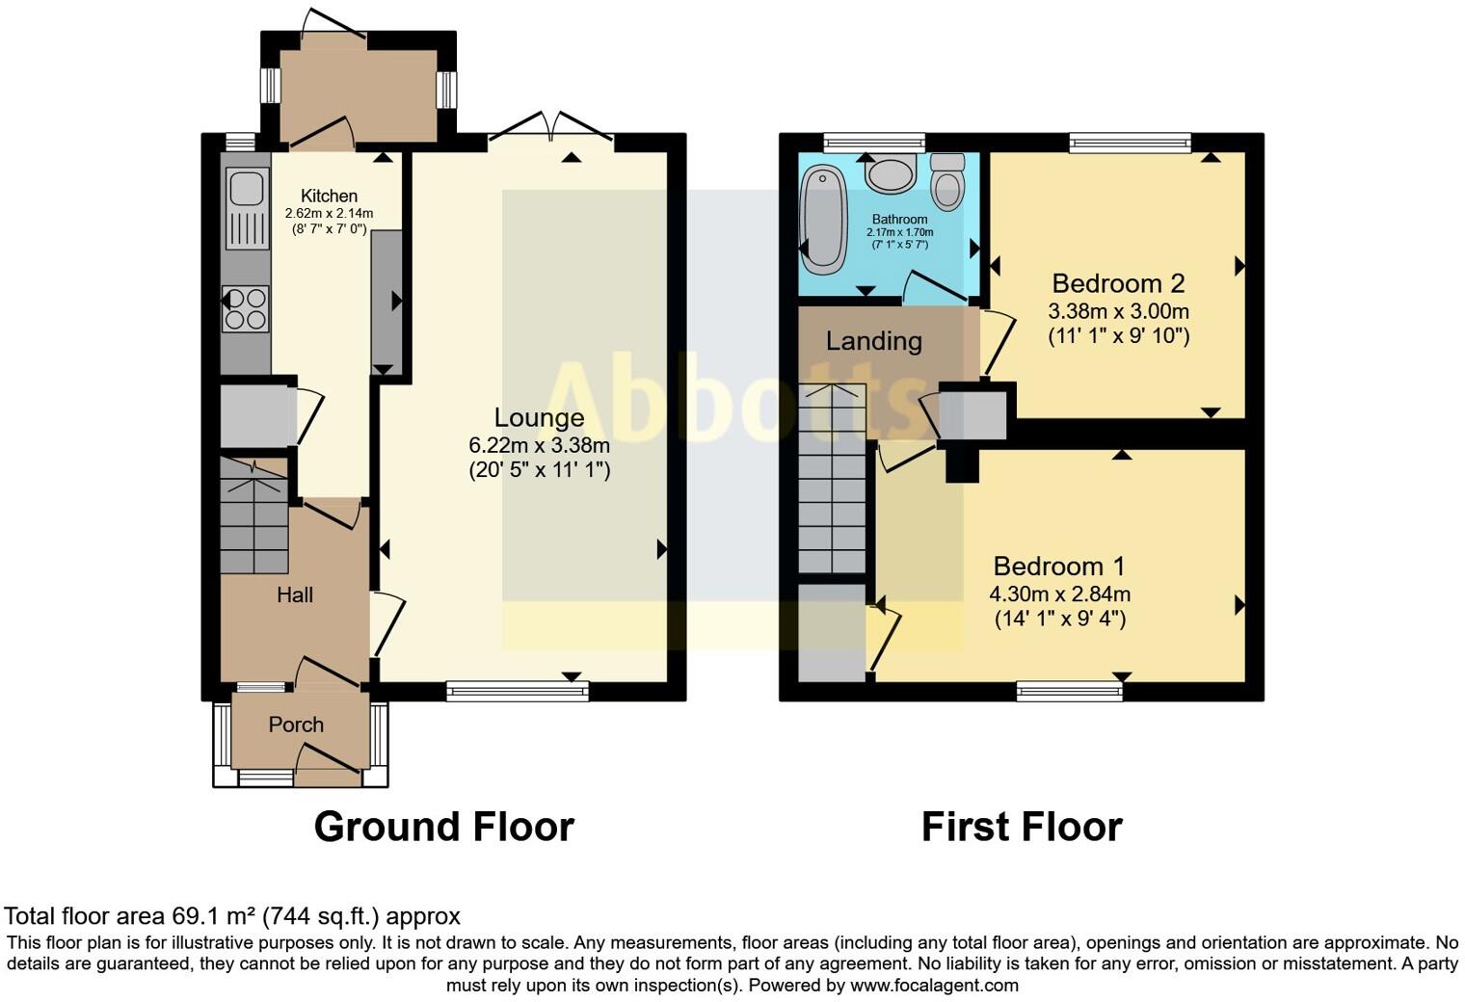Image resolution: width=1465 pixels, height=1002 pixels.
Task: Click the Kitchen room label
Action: pos(329,196)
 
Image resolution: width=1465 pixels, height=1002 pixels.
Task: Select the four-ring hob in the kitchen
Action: pos(246,309)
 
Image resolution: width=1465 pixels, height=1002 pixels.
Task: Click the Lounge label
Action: pos(539,417)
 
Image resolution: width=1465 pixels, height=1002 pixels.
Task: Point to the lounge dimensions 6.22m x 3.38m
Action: pos(539,445)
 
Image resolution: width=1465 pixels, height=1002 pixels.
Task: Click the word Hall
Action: pos(295,595)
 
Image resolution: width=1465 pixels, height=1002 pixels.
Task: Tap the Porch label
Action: pos(296,725)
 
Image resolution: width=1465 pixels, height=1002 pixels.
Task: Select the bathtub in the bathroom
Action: pos(824,216)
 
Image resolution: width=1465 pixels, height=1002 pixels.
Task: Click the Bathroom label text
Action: pos(899,220)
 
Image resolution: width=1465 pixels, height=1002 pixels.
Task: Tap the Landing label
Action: pos(873,341)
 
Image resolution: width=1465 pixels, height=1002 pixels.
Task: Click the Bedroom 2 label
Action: pos(1118,283)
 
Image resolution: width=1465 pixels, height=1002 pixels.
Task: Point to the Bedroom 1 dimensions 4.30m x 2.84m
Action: pos(1059,594)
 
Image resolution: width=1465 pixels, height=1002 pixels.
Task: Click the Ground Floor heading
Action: pos(443,827)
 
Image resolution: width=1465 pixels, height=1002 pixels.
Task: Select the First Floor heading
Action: pos(1022,827)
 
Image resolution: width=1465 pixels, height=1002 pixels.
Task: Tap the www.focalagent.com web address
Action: pos(934,986)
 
